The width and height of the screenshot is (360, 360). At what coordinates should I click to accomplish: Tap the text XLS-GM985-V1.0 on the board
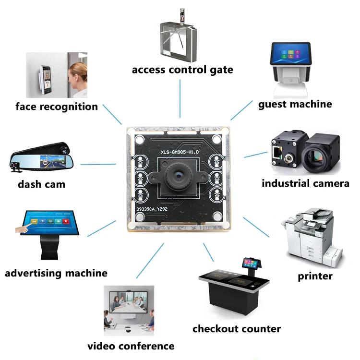[180, 152]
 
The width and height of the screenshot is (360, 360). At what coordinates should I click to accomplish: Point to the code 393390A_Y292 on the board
[152, 209]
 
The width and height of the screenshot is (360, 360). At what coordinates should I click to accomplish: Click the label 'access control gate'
[182, 70]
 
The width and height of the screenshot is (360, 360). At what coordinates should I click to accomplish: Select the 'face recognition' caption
[57, 107]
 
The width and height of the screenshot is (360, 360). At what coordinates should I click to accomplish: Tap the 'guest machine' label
[295, 105]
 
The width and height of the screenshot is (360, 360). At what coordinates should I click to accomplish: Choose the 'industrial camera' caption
[305, 183]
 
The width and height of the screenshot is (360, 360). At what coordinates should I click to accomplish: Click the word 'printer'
[315, 276]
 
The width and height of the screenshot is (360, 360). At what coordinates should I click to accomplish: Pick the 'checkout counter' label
[237, 329]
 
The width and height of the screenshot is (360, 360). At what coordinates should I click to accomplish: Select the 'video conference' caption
[131, 346]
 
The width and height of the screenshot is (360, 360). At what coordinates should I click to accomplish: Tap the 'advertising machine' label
[56, 273]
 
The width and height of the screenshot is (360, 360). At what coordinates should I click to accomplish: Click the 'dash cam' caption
[42, 184]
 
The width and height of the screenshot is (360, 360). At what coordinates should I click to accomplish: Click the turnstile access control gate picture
[179, 36]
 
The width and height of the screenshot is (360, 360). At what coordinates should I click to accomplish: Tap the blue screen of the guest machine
[291, 54]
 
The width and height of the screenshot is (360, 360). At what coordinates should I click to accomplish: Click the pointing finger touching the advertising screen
[24, 228]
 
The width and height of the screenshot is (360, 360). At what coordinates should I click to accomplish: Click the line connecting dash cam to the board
[98, 164]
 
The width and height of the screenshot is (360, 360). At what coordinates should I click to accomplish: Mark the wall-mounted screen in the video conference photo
[128, 302]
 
